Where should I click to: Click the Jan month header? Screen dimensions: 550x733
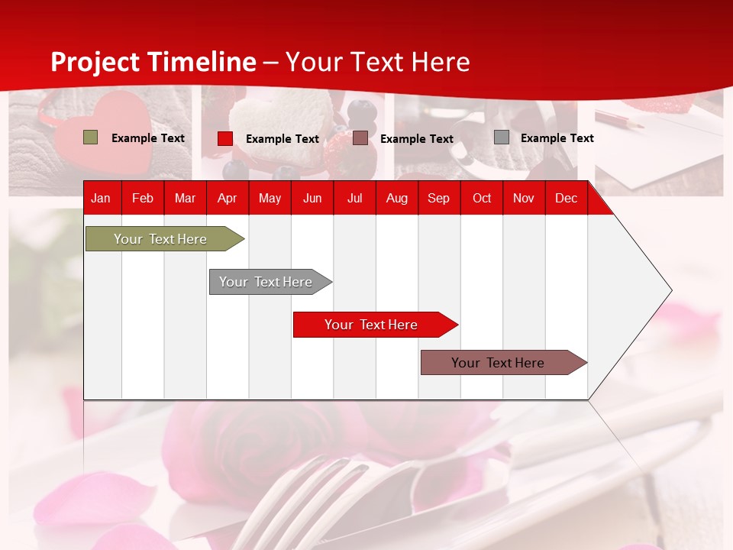101,199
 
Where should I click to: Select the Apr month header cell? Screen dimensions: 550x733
227,199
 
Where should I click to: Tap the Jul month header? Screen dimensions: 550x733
354,199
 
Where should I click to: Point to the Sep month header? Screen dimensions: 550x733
438,199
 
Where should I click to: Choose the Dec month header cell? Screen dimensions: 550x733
566,199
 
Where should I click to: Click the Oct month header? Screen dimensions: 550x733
482,199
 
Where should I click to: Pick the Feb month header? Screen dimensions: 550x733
143,199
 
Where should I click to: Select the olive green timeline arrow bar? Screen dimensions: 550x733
161,239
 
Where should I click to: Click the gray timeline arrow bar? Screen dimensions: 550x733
266,282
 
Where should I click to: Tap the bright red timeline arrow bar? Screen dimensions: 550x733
372,325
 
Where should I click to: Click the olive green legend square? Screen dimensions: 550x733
90,137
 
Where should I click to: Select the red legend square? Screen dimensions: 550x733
225,138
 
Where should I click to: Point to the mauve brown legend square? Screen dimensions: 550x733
360,138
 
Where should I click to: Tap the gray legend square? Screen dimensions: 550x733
502,137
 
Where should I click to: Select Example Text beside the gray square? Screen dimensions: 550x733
557,138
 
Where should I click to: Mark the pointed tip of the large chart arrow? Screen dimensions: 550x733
670,290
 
